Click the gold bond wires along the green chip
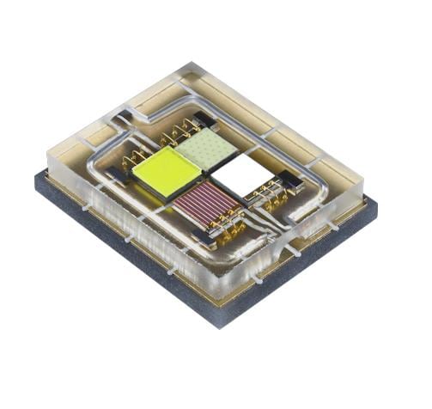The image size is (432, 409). pos(179,131)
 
